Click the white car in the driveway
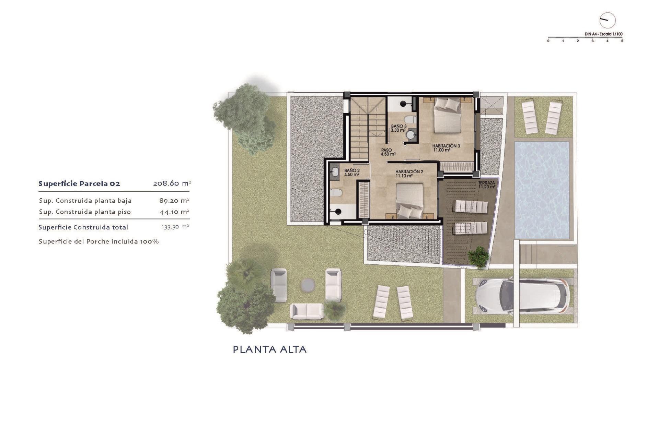click(x=522, y=296)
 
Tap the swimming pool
click(x=542, y=190)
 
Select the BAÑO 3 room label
click(x=398, y=128)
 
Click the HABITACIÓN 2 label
click(x=409, y=174)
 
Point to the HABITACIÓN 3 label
click(x=446, y=147)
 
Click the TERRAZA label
click(x=487, y=185)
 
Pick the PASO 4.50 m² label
click(x=388, y=152)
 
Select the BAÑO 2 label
click(x=352, y=172)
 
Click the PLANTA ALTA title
click(x=270, y=349)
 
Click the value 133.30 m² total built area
click(x=175, y=227)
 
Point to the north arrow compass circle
click(x=607, y=20)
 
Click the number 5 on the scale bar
click(x=622, y=41)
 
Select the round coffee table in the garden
click(x=308, y=285)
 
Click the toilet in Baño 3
click(x=409, y=120)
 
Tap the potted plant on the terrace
click(x=478, y=257)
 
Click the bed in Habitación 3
click(x=447, y=115)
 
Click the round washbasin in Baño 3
click(x=411, y=135)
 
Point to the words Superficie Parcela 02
click(x=79, y=184)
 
